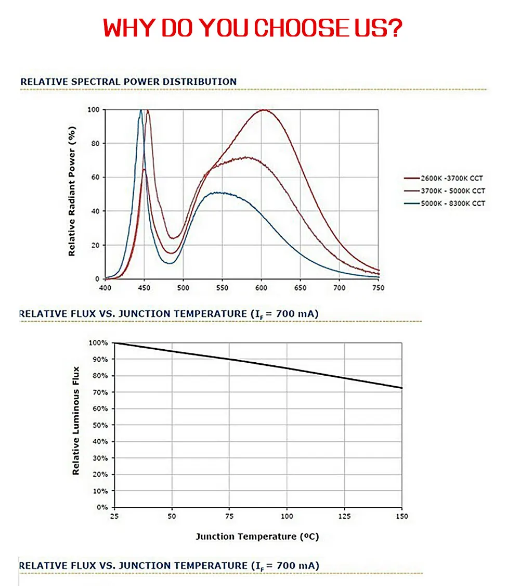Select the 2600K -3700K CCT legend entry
[x=444, y=179]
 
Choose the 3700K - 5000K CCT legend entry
[x=445, y=191]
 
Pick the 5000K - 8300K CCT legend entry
[x=445, y=203]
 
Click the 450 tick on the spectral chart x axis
[x=144, y=288]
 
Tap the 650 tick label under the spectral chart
[x=300, y=288]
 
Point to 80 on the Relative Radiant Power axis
[x=96, y=144]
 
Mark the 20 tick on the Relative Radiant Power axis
[x=96, y=245]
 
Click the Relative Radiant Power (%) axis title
[x=72, y=191]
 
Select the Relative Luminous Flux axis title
[x=76, y=421]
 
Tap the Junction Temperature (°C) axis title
[x=257, y=537]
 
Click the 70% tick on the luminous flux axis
[x=100, y=392]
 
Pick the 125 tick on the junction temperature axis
[x=345, y=516]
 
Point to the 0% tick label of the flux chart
[x=102, y=507]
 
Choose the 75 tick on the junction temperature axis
[x=229, y=516]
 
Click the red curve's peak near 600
[x=264, y=110]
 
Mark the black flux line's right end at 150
[x=401, y=388]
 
